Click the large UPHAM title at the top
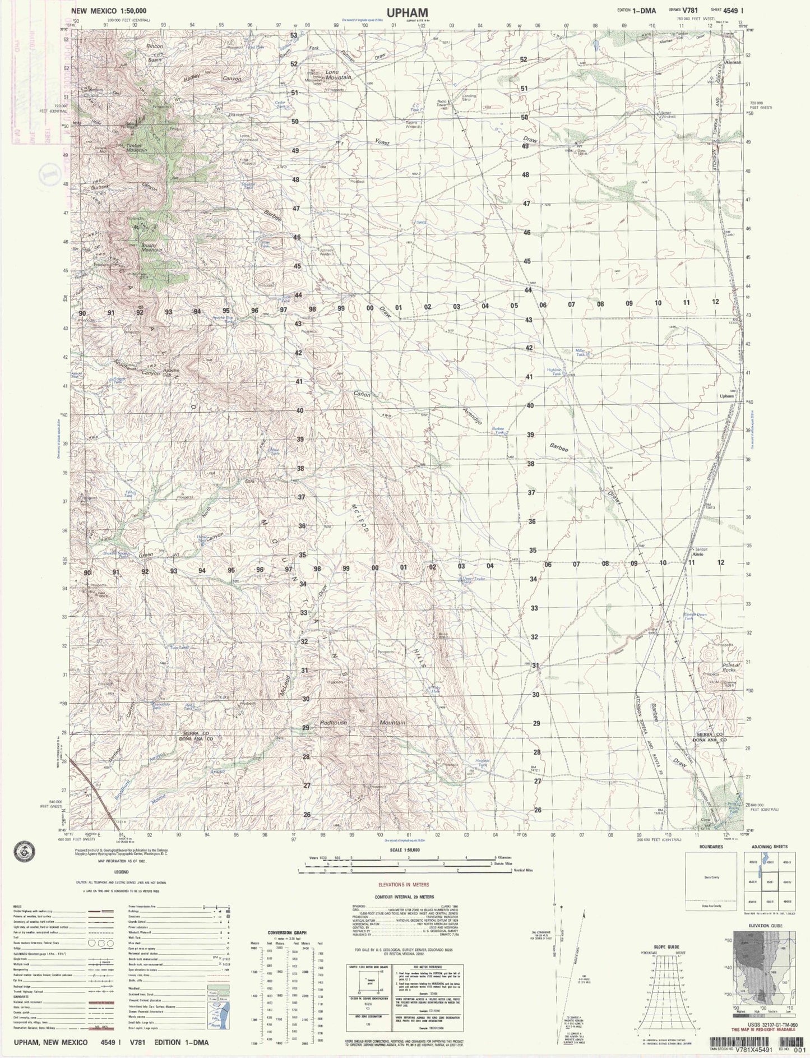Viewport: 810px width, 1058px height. pyautogui.click(x=407, y=12)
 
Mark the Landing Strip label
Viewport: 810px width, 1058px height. pyautogui.click(x=469, y=98)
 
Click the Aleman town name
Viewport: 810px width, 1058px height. pyautogui.click(x=733, y=62)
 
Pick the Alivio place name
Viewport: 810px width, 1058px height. pyautogui.click(x=698, y=554)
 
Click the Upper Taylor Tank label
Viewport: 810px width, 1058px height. pyautogui.click(x=471, y=580)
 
